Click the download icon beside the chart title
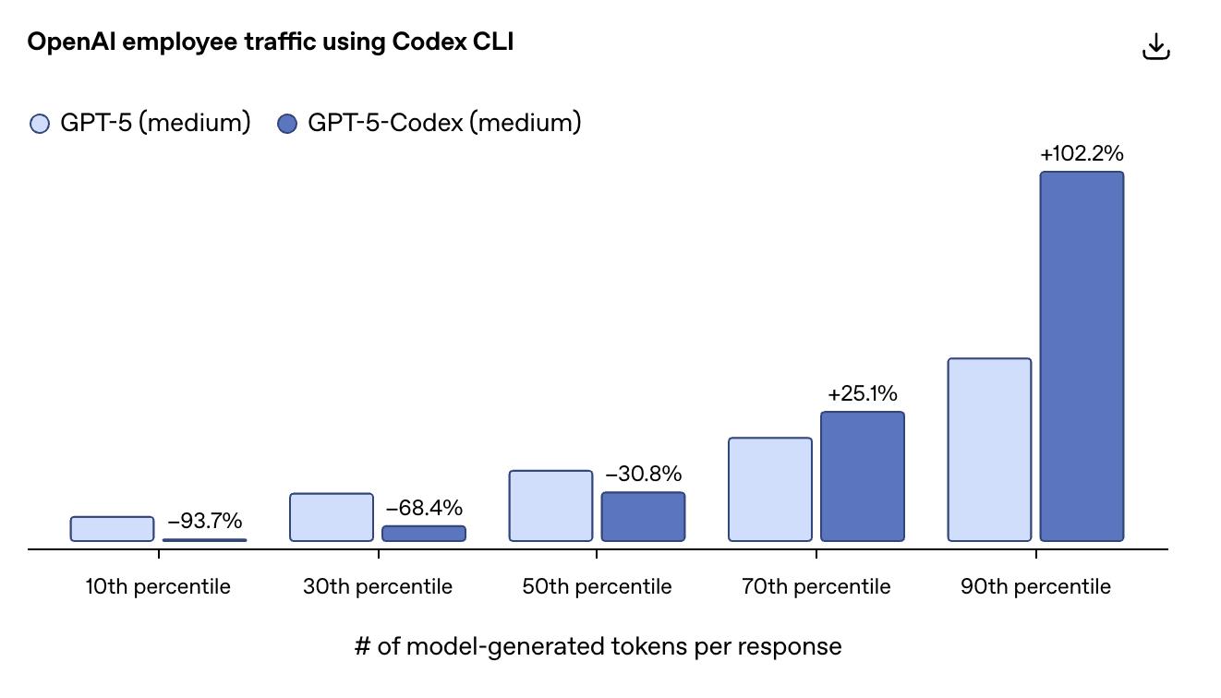click(x=1155, y=47)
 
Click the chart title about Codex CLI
click(x=270, y=42)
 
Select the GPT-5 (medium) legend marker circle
click(x=40, y=124)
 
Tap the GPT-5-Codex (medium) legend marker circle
click(x=287, y=124)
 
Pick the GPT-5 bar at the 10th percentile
click(x=112, y=529)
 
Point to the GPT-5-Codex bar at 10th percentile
click(x=204, y=540)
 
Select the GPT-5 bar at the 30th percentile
click(x=332, y=517)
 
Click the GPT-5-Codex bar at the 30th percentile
click(x=424, y=534)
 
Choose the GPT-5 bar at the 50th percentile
click(x=550, y=506)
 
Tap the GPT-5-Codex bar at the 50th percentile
click(x=643, y=516)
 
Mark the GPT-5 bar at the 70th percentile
click(x=770, y=489)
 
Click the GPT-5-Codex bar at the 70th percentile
click(x=863, y=476)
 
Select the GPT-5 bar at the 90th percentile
click(x=989, y=450)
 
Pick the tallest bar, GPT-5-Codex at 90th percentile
click(x=1082, y=356)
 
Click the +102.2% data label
click(x=1082, y=154)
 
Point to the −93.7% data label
click(x=204, y=522)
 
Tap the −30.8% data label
click(x=643, y=475)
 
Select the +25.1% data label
click(x=863, y=394)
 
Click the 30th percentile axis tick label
click(x=378, y=587)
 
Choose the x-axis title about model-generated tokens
click(x=598, y=646)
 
